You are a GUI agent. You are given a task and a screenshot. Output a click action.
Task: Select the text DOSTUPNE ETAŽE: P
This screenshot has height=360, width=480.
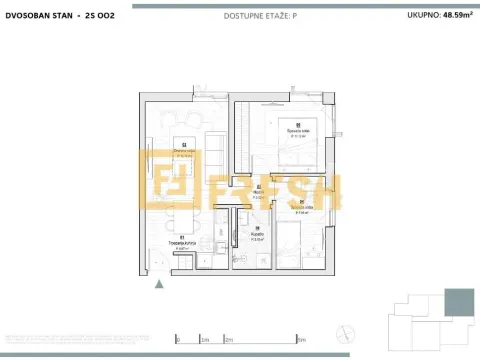click(240, 16)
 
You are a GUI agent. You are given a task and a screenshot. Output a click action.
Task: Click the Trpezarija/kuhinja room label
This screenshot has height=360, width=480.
click(181, 245)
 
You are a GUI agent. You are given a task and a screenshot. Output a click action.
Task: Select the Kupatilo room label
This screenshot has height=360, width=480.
click(257, 237)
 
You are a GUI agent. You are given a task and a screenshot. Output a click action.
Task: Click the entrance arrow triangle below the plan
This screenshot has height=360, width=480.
click(159, 284)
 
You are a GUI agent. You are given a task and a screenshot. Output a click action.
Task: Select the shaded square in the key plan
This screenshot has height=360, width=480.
click(459, 301)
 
